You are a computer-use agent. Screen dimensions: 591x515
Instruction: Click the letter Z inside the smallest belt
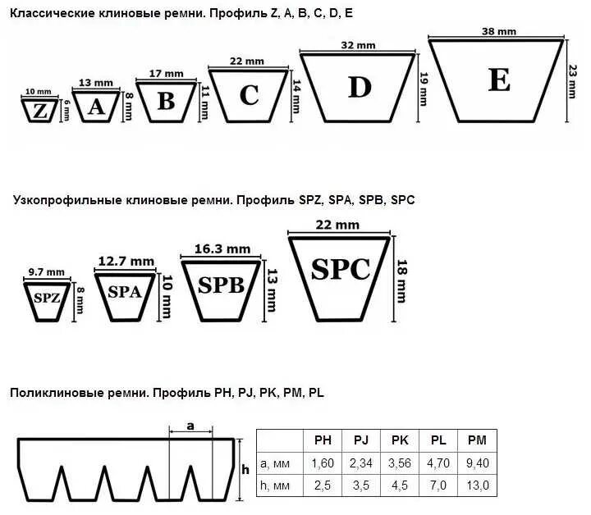[x=39, y=110]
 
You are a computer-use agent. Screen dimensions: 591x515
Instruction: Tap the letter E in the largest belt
[x=498, y=80]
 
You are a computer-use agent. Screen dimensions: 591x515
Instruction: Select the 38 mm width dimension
[x=498, y=31]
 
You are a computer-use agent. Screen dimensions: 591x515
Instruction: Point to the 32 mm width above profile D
[x=355, y=45]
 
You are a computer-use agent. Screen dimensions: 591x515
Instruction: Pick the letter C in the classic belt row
[x=249, y=95]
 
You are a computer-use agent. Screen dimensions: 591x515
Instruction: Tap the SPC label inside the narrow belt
[x=341, y=269]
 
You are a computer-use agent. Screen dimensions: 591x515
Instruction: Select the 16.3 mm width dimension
[x=222, y=248]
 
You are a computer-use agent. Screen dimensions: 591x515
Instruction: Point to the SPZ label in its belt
[x=47, y=297]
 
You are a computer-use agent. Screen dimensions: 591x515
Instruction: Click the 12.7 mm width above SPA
[x=126, y=261]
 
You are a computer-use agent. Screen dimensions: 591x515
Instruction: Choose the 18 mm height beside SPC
[x=402, y=279]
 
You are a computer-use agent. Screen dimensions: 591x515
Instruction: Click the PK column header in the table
[x=400, y=440]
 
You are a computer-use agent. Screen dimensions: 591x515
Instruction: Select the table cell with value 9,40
[x=477, y=463]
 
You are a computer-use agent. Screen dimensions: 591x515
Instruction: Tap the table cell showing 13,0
[x=477, y=486]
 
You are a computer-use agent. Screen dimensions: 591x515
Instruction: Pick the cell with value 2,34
[x=361, y=463]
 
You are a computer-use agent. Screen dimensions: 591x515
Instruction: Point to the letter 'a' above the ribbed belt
[x=190, y=426]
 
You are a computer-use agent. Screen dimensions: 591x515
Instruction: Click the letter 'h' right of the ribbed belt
[x=245, y=469]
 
